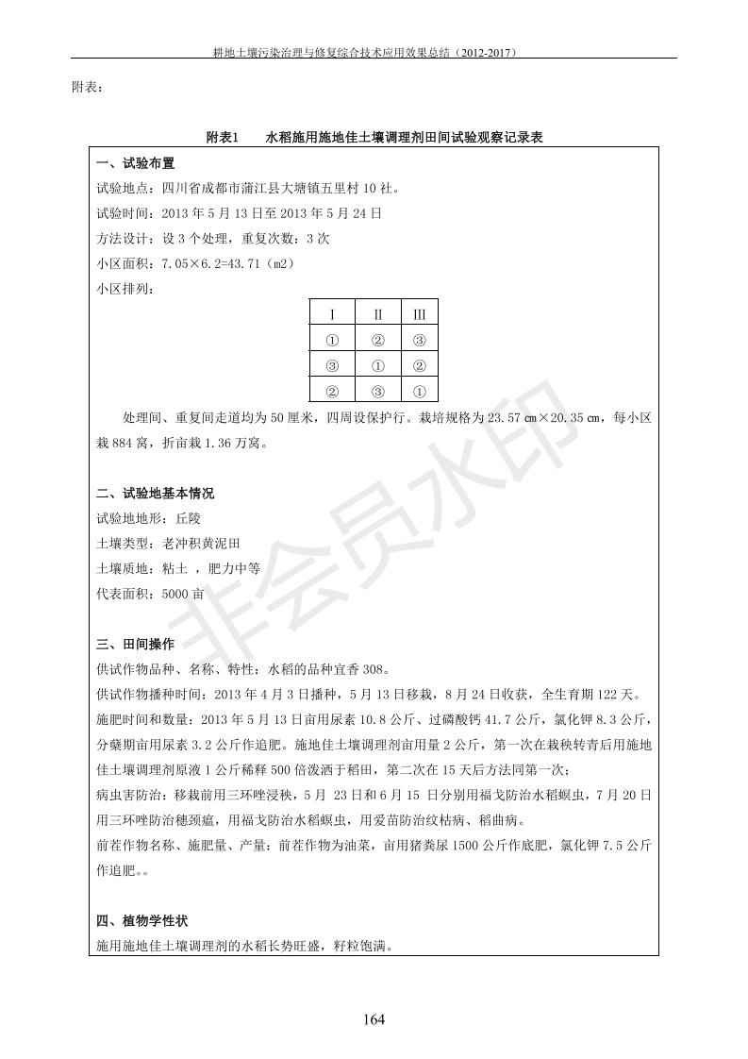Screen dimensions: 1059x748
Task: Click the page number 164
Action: pyautogui.click(x=374, y=1018)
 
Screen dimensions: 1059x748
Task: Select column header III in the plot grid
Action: pyautogui.click(x=420, y=314)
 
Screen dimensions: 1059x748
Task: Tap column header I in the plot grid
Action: pyautogui.click(x=332, y=314)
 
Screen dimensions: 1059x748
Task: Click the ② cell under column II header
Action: pyautogui.click(x=377, y=340)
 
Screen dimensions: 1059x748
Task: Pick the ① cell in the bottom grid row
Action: pyautogui.click(x=420, y=391)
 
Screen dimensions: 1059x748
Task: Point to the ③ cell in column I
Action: pyautogui.click(x=332, y=365)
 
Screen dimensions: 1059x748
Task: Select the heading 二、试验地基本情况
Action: pyautogui.click(x=155, y=494)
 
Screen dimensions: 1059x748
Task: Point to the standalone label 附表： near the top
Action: pyautogui.click(x=88, y=88)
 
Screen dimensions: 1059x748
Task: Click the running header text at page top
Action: pyautogui.click(x=374, y=53)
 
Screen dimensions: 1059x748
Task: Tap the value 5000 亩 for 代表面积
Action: pyautogui.click(x=183, y=594)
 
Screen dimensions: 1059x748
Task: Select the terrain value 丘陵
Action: pyautogui.click(x=182, y=518)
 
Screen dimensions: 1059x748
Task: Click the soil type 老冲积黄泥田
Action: pyautogui.click(x=202, y=544)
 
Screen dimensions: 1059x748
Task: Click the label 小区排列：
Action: pyautogui.click(x=123, y=289)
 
